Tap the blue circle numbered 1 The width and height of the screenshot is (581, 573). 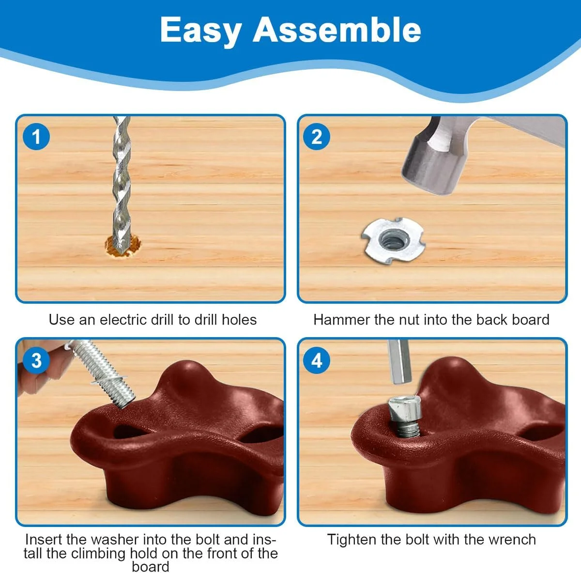pyautogui.click(x=36, y=137)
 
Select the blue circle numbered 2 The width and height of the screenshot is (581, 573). pyautogui.click(x=317, y=137)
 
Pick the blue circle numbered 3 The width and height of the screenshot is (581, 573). pyautogui.click(x=36, y=360)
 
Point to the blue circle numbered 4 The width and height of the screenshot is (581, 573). pyautogui.click(x=317, y=360)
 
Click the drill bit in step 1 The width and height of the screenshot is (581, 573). pyautogui.click(x=122, y=184)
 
